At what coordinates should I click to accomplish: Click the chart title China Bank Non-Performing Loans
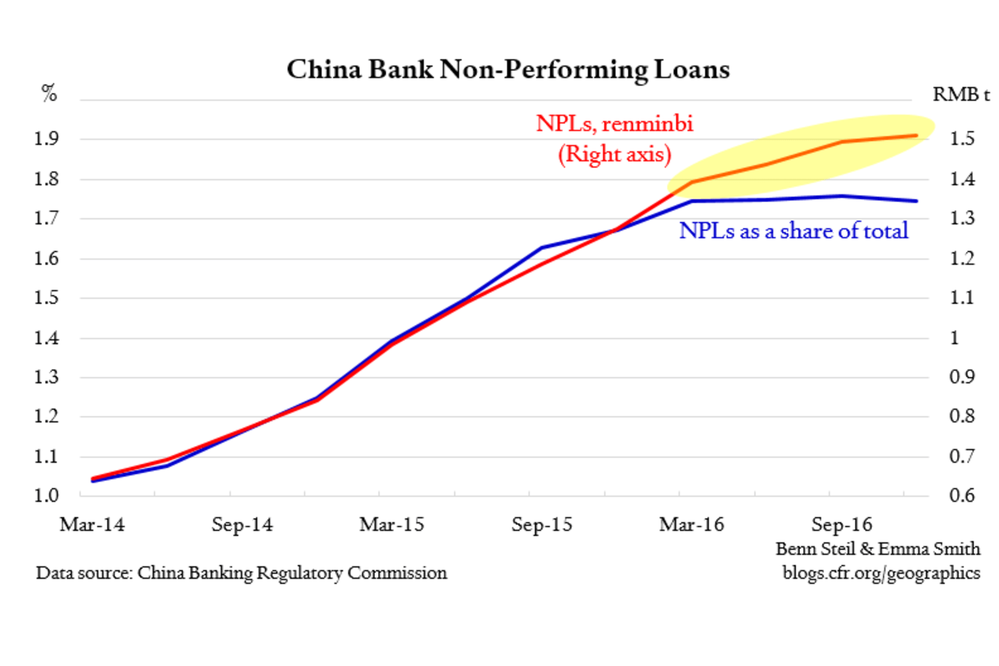click(508, 70)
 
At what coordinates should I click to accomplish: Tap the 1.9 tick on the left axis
click(46, 139)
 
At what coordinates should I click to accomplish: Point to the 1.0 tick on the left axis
click(46, 495)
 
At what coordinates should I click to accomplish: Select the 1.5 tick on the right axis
click(962, 139)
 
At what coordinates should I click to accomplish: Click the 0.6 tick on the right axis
click(962, 495)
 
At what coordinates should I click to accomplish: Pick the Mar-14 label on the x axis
click(93, 524)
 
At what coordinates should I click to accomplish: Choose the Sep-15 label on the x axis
click(542, 524)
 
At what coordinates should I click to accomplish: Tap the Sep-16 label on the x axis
click(841, 524)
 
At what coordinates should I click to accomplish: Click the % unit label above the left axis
click(49, 94)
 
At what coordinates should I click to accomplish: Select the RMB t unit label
click(960, 95)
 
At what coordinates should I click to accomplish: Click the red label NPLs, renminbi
click(614, 124)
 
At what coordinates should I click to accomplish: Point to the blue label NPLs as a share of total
click(793, 230)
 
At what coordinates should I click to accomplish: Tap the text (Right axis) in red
click(614, 154)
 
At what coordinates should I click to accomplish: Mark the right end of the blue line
click(916, 201)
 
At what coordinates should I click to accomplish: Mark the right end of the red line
click(916, 136)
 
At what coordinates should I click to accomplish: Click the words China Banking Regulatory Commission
click(292, 573)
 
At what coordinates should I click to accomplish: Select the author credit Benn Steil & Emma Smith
click(878, 549)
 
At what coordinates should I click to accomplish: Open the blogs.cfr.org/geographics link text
click(881, 573)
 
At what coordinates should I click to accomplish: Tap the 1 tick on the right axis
click(954, 338)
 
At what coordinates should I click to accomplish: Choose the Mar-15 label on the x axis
click(392, 524)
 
